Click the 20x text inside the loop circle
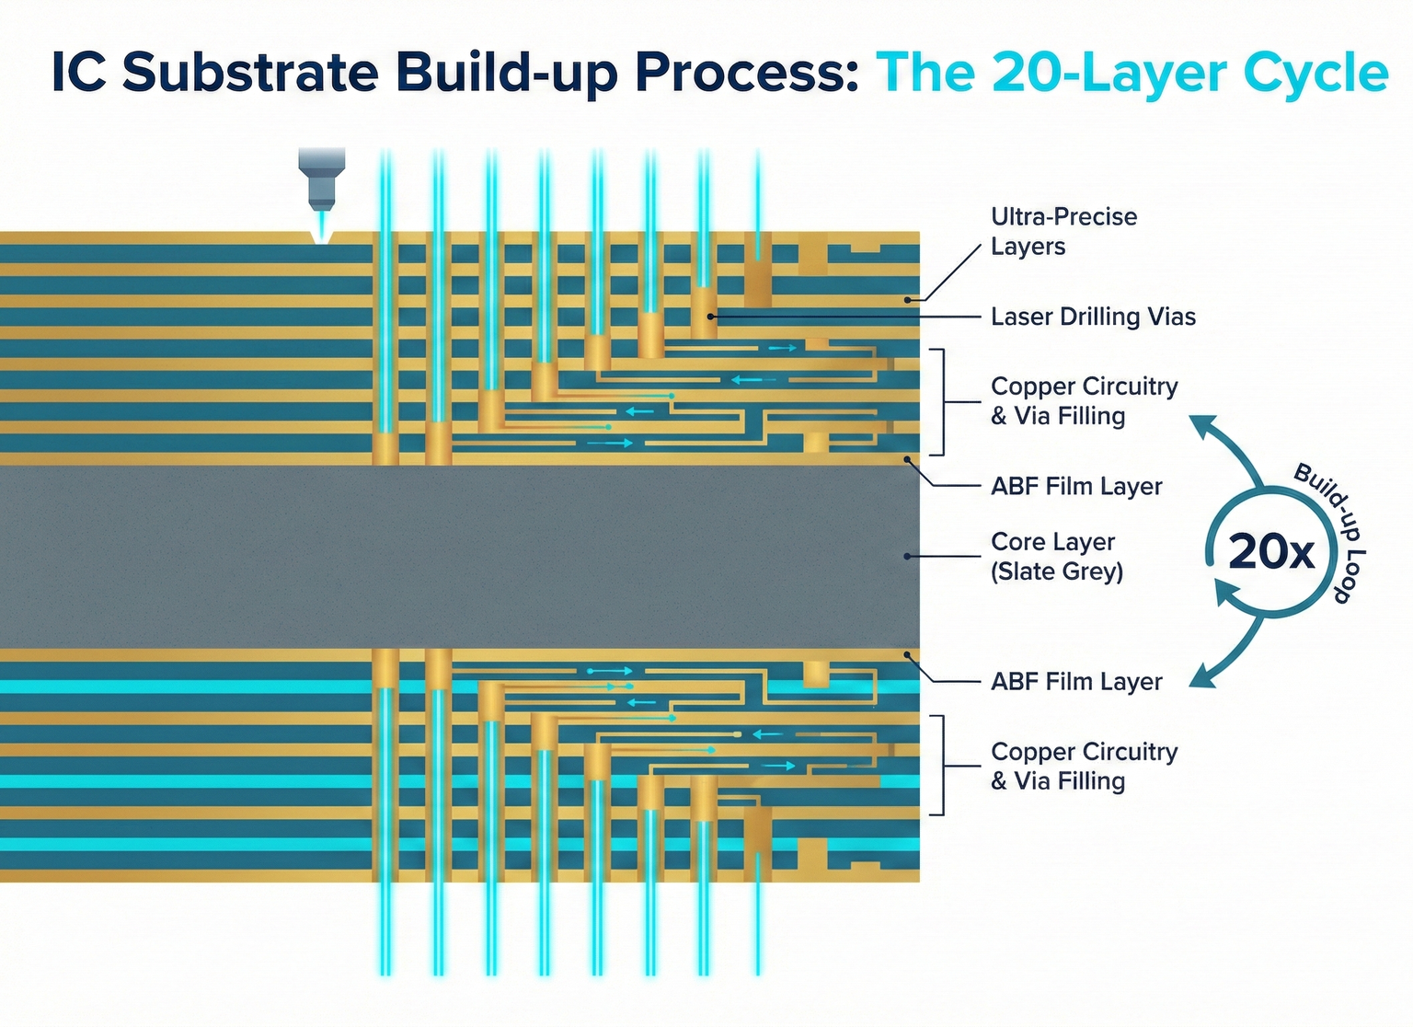pyautogui.click(x=1271, y=552)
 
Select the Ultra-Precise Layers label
pyautogui.click(x=1063, y=231)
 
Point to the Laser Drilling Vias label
pyautogui.click(x=1093, y=317)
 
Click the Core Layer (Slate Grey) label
pyautogui.click(x=1056, y=556)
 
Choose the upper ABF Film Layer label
pyautogui.click(x=1076, y=486)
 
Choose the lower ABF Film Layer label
pyautogui.click(x=1076, y=682)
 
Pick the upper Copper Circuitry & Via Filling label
pyautogui.click(x=1084, y=401)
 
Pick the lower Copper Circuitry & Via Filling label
pyautogui.click(x=1084, y=766)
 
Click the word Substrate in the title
pyautogui.click(x=250, y=73)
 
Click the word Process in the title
pyautogui.click(x=745, y=73)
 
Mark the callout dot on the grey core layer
pyautogui.click(x=907, y=556)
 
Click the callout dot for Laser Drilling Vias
pyautogui.click(x=711, y=316)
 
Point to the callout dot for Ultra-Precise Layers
pyautogui.click(x=908, y=299)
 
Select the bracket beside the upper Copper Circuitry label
pyautogui.click(x=941, y=402)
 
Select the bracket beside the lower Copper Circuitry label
pyautogui.click(x=941, y=765)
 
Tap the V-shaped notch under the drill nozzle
pyautogui.click(x=321, y=237)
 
